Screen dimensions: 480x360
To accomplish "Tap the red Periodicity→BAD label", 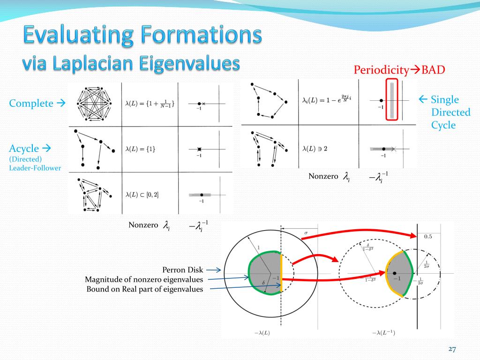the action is pyautogui.click(x=399, y=70).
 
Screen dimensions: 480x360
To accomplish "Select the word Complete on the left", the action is pyautogui.click(x=31, y=104).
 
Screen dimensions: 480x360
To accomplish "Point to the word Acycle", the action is pyautogui.click(x=24, y=149).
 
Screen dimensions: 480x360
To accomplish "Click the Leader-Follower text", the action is pyautogui.click(x=35, y=168).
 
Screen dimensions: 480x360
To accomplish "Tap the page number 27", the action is pyautogui.click(x=452, y=349).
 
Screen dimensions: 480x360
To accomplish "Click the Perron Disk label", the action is pyautogui.click(x=183, y=270).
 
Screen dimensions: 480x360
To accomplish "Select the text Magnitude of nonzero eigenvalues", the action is pyautogui.click(x=144, y=279).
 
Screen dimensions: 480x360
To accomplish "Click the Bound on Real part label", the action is pyautogui.click(x=145, y=289).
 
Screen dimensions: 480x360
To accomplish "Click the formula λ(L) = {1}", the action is pyautogui.click(x=140, y=149).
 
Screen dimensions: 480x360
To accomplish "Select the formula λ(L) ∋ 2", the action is pyautogui.click(x=315, y=149).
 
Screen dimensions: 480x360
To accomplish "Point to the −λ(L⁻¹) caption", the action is pyautogui.click(x=383, y=332).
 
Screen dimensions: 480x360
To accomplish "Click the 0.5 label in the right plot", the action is pyautogui.click(x=428, y=237).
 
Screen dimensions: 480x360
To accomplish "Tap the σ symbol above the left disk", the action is pyautogui.click(x=306, y=232).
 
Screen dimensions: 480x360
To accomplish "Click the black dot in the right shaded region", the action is pyautogui.click(x=395, y=273).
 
